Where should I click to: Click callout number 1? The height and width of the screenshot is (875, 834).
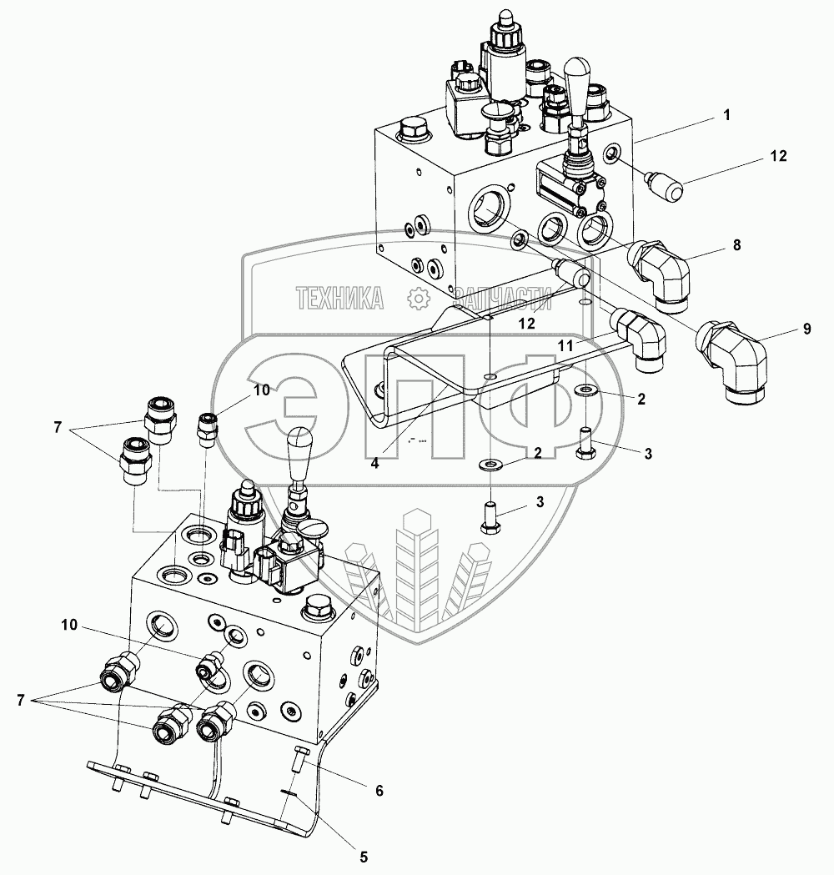pyautogui.click(x=726, y=115)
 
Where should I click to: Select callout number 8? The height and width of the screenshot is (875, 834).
pyautogui.click(x=737, y=244)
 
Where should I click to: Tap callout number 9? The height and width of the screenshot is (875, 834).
pyautogui.click(x=806, y=329)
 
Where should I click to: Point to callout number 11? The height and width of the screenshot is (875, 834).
pyautogui.click(x=565, y=346)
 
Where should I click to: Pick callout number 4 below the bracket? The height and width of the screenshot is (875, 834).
pyautogui.click(x=374, y=463)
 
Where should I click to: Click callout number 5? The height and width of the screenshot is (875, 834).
pyautogui.click(x=363, y=857)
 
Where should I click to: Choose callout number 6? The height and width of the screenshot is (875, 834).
pyautogui.click(x=379, y=790)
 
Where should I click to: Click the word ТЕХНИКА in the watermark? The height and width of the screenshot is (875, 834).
pyautogui.click(x=339, y=298)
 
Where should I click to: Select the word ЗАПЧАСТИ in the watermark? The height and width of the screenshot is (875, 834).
pyautogui.click(x=503, y=298)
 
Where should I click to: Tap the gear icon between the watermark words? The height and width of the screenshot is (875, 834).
pyautogui.click(x=419, y=298)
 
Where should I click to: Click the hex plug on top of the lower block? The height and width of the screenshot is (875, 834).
pyautogui.click(x=319, y=608)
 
